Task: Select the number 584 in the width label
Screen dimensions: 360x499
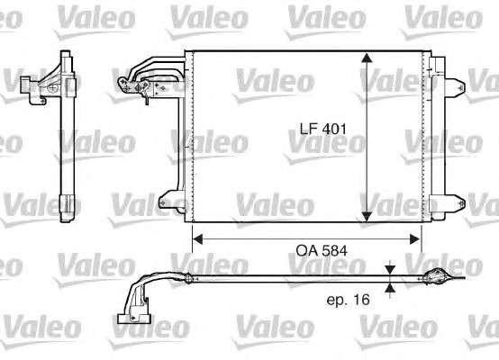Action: point(333,249)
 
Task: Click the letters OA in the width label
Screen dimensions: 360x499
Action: point(307,249)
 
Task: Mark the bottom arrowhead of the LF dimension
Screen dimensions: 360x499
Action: point(366,213)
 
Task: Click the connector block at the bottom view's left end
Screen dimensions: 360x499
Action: point(132,314)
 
